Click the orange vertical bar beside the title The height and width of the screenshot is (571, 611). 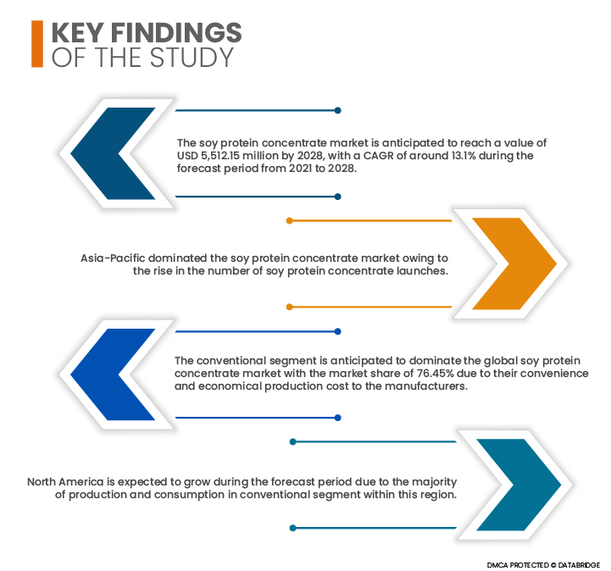37,43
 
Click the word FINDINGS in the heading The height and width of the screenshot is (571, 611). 176,32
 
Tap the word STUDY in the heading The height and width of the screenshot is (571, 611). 192,58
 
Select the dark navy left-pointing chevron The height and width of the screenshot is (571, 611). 113,153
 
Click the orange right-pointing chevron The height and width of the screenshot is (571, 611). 514,263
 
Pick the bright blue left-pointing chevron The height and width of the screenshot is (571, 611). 113,374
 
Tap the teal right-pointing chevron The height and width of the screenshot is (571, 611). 519,485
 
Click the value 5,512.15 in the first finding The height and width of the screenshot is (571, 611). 220,156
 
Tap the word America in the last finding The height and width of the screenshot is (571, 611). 81,482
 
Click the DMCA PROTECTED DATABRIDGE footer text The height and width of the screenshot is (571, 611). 543,565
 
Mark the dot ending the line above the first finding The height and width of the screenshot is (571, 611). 338,111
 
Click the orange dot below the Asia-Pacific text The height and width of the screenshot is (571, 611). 290,307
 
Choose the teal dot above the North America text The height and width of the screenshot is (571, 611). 293,441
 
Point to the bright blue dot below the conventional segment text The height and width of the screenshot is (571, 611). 338,418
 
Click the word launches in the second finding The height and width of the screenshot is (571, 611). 422,271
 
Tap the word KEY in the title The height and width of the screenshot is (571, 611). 78,32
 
